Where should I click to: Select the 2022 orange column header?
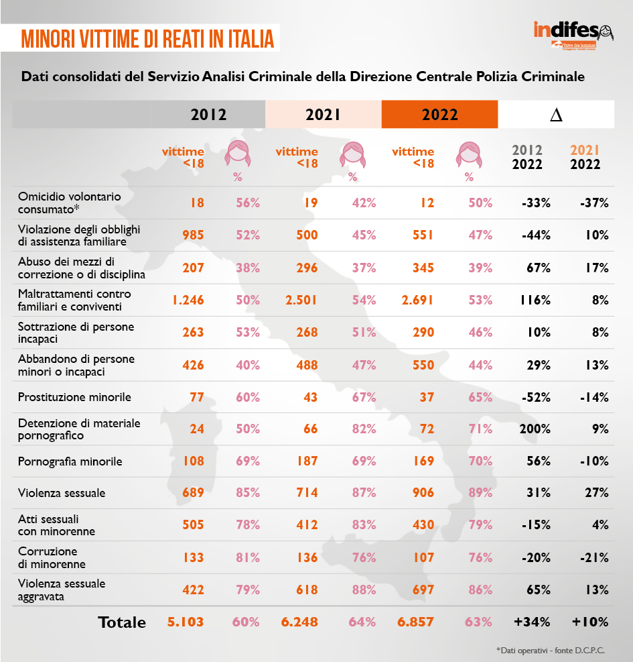coord(439,114)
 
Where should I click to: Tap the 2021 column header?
coord(324,114)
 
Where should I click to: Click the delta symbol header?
coord(556,115)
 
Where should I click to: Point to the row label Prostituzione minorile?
coord(74,397)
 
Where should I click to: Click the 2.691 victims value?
coord(415,300)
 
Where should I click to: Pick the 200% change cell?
coord(535,429)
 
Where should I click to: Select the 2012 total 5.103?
coord(186,622)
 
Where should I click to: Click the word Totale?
coord(122,622)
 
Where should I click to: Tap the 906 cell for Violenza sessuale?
coord(423,493)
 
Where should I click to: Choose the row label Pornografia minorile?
coord(70,461)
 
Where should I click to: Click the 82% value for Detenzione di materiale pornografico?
coord(364,429)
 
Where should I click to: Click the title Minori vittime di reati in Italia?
coord(147,38)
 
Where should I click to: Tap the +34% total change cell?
coord(532,622)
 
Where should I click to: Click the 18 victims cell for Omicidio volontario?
coord(196,203)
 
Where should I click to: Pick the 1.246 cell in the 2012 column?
coord(184,300)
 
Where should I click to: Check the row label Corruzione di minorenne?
coord(52,558)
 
